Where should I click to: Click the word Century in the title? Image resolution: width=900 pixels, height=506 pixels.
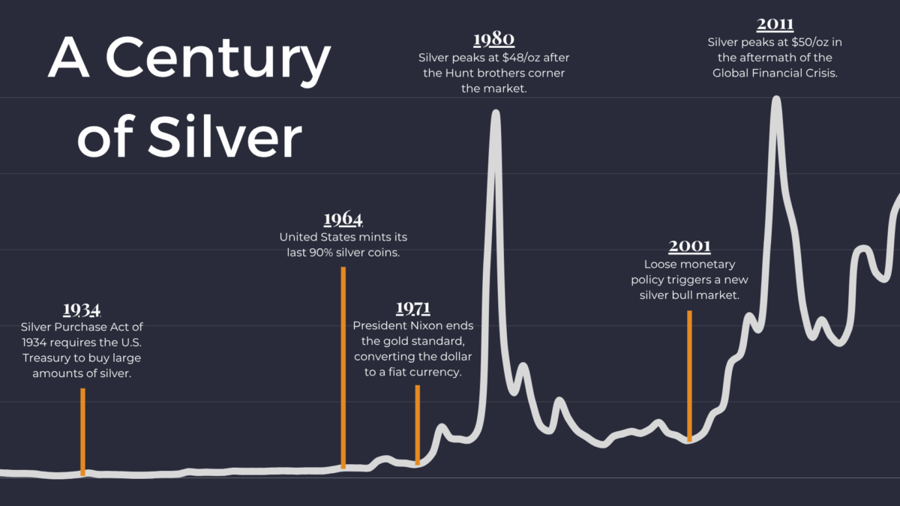pos(218,61)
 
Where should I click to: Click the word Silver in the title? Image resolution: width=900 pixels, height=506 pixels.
pos(225,136)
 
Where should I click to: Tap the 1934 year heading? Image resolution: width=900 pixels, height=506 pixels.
pos(82,310)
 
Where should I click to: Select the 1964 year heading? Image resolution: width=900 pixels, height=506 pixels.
pos(343,219)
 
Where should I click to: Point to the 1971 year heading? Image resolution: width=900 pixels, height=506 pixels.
pos(413,308)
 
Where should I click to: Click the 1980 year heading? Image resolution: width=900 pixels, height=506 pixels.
pos(494,39)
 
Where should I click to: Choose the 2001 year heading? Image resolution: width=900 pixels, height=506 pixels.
pos(689,246)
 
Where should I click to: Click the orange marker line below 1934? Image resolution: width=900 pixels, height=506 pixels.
pos(82,431)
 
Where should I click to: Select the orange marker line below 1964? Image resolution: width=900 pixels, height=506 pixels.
pos(343,367)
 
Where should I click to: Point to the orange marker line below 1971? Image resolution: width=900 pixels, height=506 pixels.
pos(418,424)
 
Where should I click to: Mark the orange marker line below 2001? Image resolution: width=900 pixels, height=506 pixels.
pos(689,375)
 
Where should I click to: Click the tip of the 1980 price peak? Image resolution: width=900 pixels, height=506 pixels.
pos(495,113)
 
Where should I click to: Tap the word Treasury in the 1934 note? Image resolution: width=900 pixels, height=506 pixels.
pos(46,358)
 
